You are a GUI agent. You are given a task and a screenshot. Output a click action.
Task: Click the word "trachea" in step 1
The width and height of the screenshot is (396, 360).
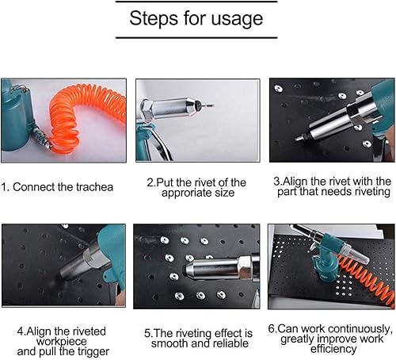tap(94, 187)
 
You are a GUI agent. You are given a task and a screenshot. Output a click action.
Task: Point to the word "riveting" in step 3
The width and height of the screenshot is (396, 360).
tap(372, 192)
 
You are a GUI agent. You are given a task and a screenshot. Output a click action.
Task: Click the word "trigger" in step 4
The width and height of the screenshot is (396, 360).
tap(93, 352)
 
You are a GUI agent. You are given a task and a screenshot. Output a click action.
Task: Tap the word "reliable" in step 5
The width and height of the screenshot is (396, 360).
tap(230, 343)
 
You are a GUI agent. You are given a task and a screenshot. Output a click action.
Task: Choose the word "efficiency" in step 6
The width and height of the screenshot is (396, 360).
tap(333, 349)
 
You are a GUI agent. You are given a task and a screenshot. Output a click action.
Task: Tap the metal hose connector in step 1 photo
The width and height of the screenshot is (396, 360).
tap(42, 137)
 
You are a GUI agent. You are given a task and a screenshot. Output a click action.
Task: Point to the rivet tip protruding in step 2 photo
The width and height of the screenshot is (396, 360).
tap(208, 105)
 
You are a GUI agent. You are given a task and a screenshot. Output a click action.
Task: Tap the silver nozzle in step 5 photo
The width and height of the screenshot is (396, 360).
tap(211, 268)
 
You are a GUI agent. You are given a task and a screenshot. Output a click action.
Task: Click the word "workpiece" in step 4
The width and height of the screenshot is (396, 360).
tap(62, 342)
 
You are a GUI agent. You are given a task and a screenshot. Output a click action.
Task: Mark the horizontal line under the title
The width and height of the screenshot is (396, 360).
tap(196, 38)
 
